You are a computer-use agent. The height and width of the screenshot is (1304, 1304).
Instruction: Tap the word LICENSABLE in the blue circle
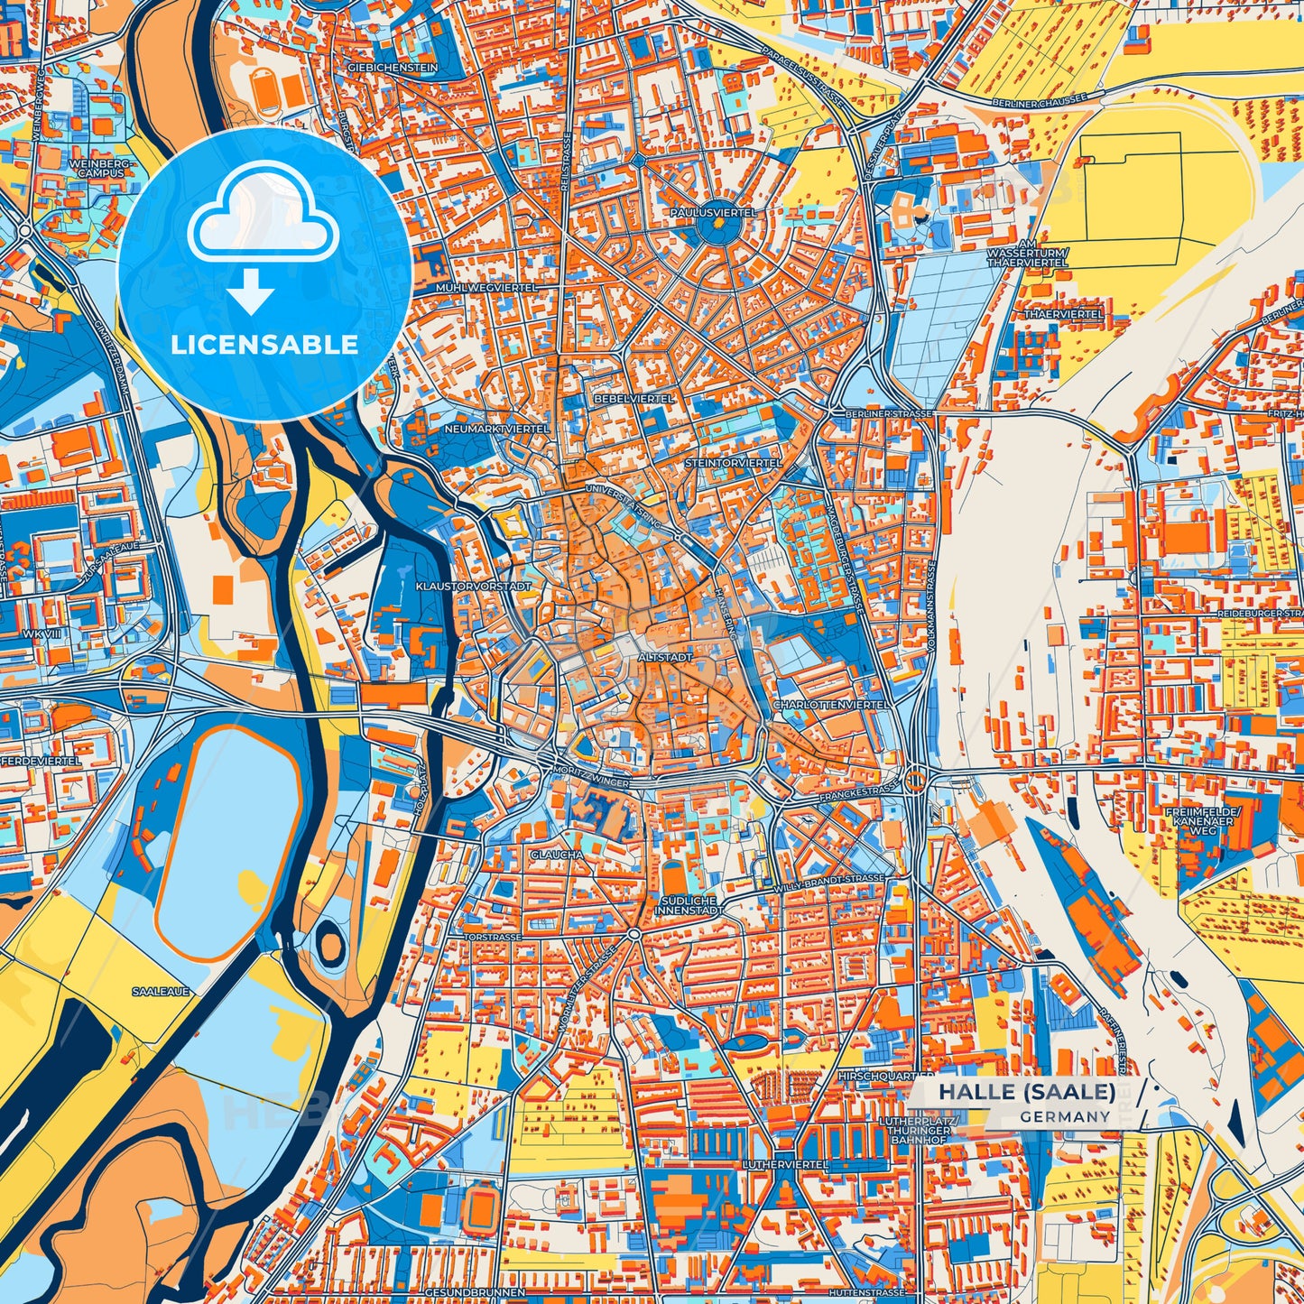pos(264,345)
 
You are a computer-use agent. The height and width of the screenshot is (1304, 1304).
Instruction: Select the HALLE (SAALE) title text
pos(1026,1092)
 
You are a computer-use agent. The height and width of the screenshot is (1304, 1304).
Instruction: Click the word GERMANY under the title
pos(1066,1117)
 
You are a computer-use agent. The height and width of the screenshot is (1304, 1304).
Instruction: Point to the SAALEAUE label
pos(161,991)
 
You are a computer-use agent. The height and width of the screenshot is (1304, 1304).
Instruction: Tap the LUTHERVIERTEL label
pos(785,1165)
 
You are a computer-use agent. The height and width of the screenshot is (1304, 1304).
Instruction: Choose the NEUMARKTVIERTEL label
pos(495,429)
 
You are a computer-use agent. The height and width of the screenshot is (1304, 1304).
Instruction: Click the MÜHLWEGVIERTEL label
pos(486,287)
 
